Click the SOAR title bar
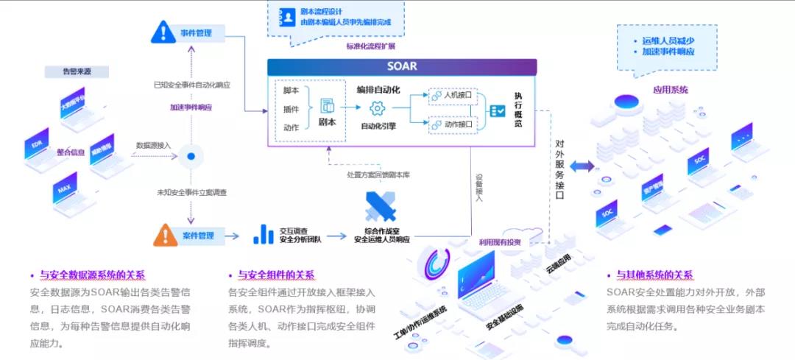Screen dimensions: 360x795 point(401,66)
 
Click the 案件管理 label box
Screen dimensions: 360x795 point(197,236)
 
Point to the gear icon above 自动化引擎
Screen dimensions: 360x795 point(378,109)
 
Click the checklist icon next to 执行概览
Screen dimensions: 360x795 point(497,110)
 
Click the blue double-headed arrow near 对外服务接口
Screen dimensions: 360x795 point(582,166)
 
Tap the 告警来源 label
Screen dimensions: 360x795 point(86,72)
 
